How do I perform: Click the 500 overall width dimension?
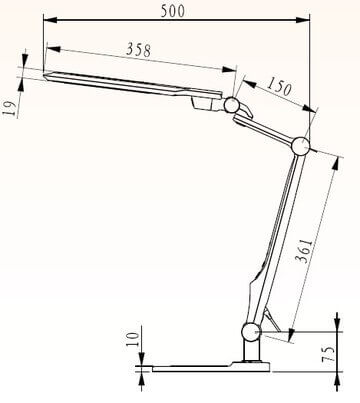coord(174,11)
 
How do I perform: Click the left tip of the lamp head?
coord(47,72)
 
